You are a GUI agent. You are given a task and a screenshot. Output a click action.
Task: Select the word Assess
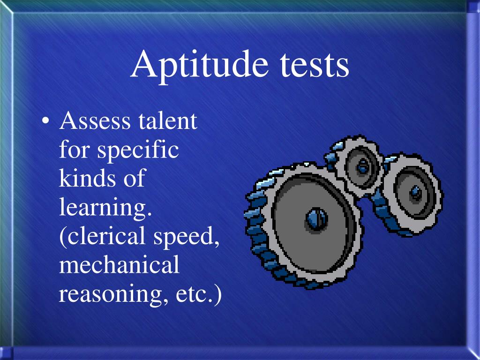(95, 121)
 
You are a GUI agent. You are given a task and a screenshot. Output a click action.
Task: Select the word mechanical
(119, 265)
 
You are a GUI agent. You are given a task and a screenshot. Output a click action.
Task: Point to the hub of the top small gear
(362, 165)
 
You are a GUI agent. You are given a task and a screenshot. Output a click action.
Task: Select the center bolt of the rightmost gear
(415, 192)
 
